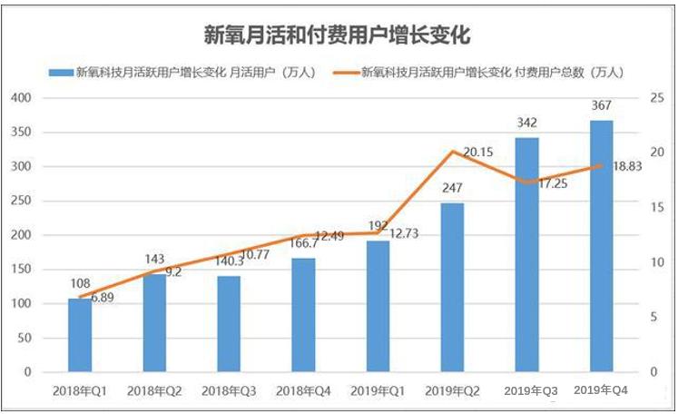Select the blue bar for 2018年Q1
[80, 335]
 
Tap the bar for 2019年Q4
[601, 246]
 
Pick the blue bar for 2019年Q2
[452, 287]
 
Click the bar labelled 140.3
[229, 323]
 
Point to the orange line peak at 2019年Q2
[452, 151]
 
